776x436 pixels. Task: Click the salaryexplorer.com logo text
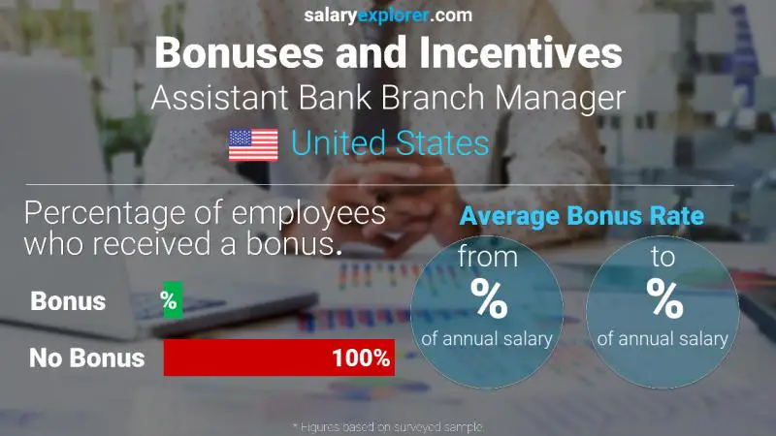pos(388,15)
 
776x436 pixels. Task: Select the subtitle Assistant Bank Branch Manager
pos(388,98)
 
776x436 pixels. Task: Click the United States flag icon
pos(253,144)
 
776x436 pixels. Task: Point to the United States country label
pos(390,144)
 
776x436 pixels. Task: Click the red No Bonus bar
pos(278,358)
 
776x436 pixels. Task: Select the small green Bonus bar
pos(172,300)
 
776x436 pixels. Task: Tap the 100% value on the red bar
pos(360,358)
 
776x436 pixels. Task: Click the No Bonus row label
pos(86,358)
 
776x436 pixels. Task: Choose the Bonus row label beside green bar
pos(68,300)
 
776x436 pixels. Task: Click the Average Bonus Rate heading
pos(581,216)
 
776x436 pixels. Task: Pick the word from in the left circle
pos(487,259)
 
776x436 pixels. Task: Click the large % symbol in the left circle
pos(488,300)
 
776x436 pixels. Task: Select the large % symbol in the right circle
pos(664,300)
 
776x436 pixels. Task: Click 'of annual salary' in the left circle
pos(487,339)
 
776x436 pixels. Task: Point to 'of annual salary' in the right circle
pos(663,339)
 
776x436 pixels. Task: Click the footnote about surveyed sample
pos(388,426)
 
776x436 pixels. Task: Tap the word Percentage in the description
pos(107,213)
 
